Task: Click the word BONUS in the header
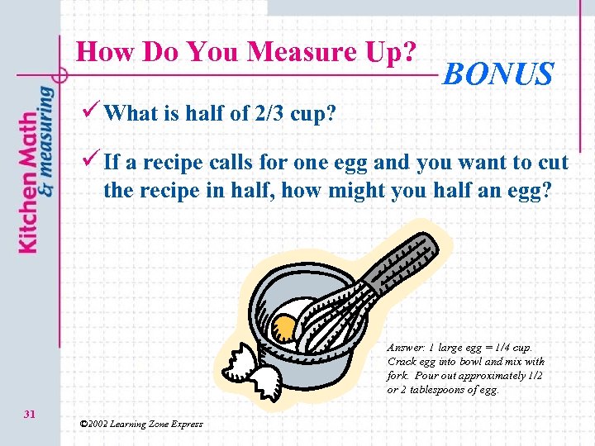[x=498, y=74]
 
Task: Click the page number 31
[x=29, y=414]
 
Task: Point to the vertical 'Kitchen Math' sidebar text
[x=26, y=182]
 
